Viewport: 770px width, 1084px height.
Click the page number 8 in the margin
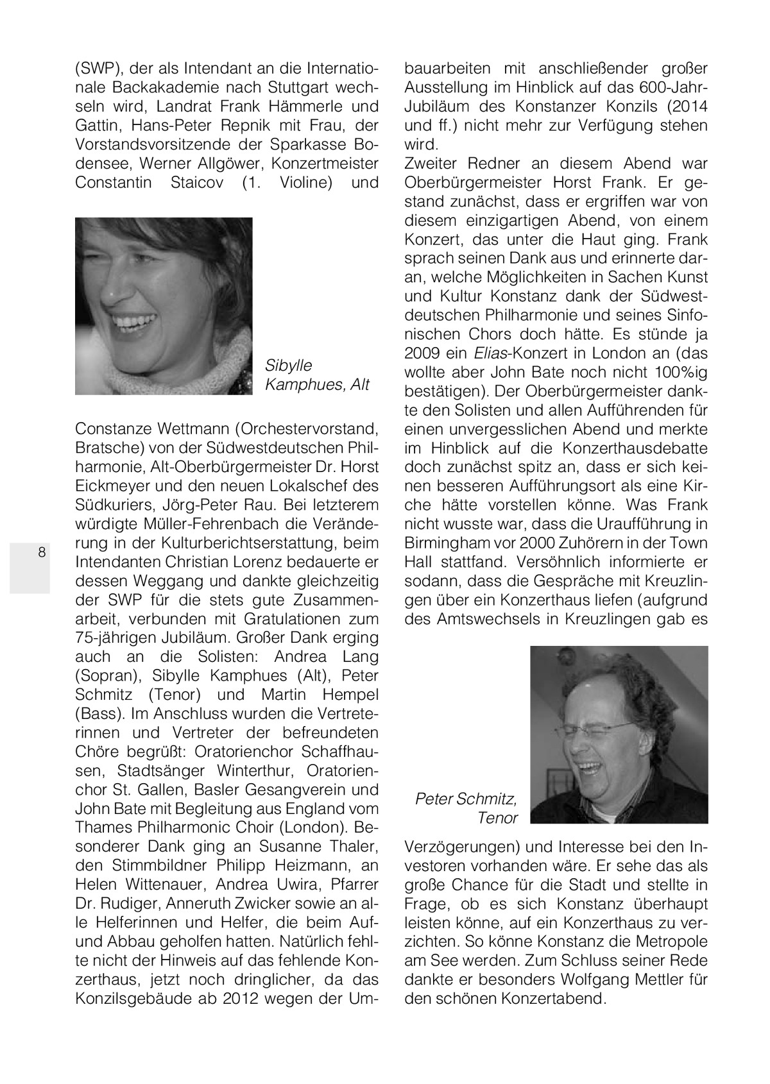tap(42, 552)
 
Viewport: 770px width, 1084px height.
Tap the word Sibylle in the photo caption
tap(288, 366)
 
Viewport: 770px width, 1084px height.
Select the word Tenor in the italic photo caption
tap(497, 818)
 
